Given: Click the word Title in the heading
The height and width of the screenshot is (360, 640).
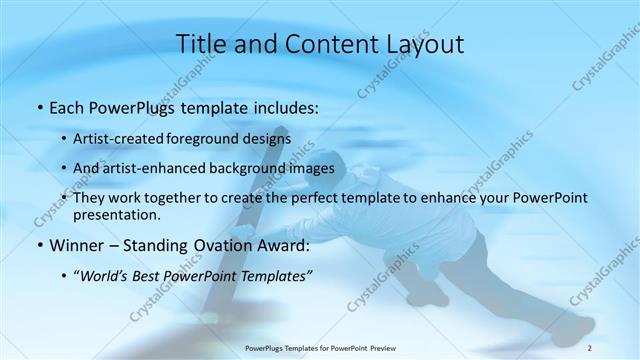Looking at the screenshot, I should pos(201,43).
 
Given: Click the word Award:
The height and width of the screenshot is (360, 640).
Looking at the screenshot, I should pos(288,244).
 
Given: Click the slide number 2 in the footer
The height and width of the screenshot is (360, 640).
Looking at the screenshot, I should pos(590,347).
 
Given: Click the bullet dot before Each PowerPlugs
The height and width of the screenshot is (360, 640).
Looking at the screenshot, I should pos(39,106).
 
